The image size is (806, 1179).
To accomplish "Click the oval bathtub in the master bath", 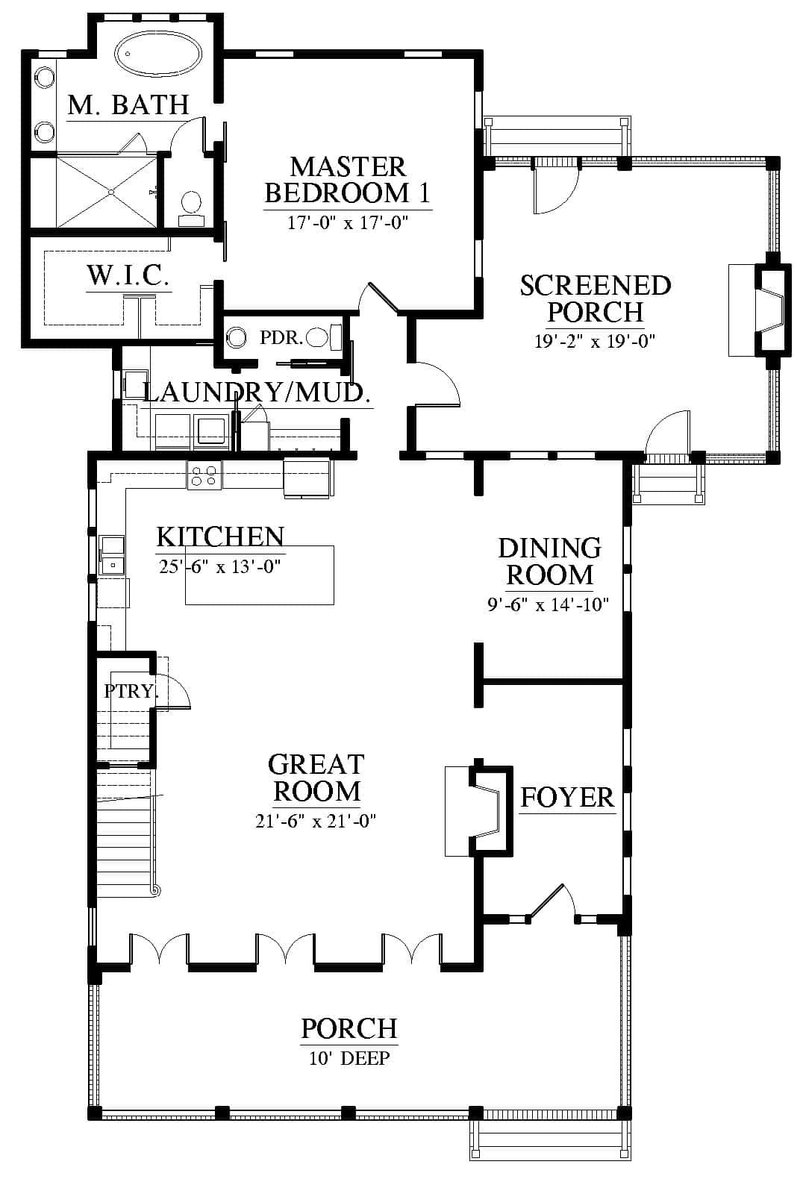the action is click(x=158, y=53).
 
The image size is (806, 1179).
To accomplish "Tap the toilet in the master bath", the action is click(x=191, y=209).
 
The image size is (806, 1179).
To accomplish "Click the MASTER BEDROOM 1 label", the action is click(x=348, y=180).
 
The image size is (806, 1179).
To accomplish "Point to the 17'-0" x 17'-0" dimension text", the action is click(x=348, y=223).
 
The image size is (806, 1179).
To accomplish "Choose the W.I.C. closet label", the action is click(x=128, y=275).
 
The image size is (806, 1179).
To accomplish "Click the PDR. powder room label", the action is click(x=281, y=338).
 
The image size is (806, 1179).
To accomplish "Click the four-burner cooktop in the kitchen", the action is click(x=204, y=475).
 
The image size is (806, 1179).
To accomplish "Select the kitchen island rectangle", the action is click(x=260, y=575).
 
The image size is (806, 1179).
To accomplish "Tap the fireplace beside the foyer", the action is click(x=478, y=810).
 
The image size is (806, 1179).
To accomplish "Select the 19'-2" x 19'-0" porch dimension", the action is click(x=595, y=342).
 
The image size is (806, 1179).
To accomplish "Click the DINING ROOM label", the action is click(x=549, y=561).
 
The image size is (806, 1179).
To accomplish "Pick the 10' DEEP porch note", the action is click(x=349, y=1058).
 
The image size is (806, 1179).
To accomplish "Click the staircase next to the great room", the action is click(x=126, y=831).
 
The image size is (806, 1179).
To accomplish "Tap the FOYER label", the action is click(x=567, y=798).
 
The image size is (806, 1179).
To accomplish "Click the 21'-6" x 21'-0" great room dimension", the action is click(x=316, y=821).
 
